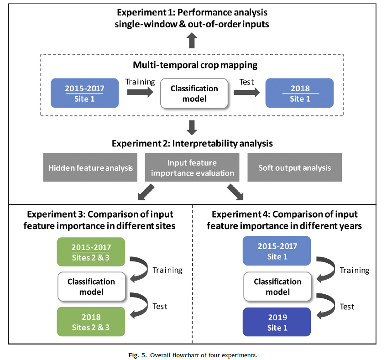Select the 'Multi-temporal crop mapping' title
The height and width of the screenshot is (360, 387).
click(x=195, y=65)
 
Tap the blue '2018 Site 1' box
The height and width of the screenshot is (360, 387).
click(x=299, y=94)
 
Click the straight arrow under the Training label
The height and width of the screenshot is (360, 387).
click(x=141, y=93)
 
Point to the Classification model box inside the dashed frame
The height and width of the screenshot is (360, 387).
click(x=194, y=94)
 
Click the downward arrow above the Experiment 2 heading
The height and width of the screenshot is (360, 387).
click(x=192, y=125)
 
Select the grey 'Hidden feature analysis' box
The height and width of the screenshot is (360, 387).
click(x=90, y=167)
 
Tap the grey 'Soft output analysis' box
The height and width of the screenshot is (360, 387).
click(x=294, y=167)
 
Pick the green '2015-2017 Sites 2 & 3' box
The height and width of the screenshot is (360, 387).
click(x=91, y=251)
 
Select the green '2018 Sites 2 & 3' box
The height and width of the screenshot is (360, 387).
click(x=91, y=322)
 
